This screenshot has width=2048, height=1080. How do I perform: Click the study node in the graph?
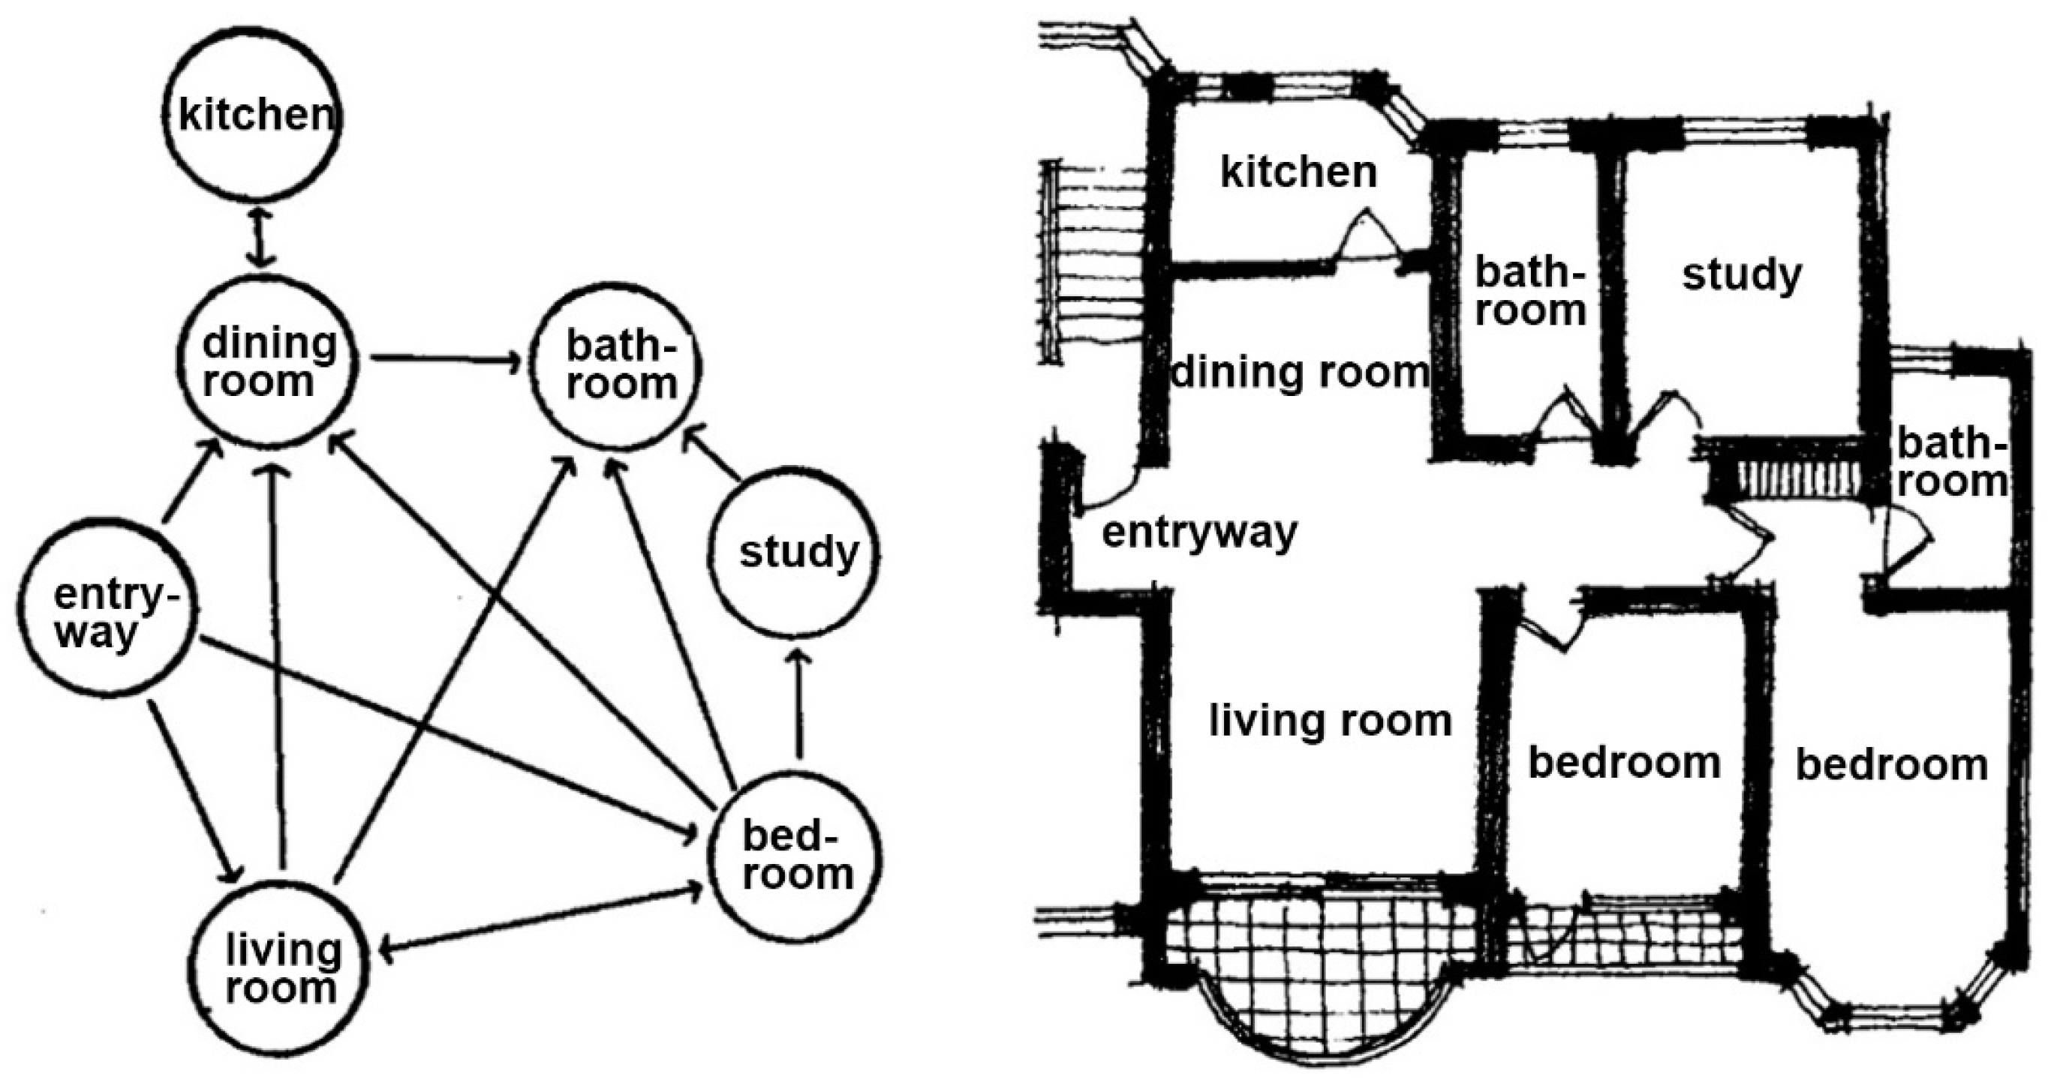pyautogui.click(x=793, y=551)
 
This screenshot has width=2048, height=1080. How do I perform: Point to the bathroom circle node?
pyautogui.click(x=616, y=365)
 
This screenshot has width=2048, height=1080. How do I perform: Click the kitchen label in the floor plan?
pyautogui.click(x=1298, y=172)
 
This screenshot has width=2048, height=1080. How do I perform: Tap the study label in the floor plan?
pyautogui.click(x=1741, y=276)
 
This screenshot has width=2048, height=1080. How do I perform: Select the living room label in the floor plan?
pyautogui.click(x=1330, y=721)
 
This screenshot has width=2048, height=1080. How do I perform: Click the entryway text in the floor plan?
pyautogui.click(x=1199, y=532)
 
